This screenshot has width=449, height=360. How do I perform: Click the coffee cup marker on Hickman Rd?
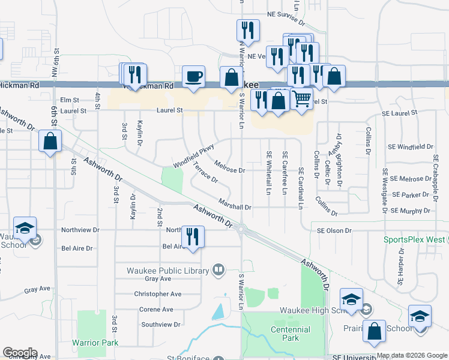(x=193, y=77)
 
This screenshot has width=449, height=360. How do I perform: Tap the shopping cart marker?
(x=302, y=98)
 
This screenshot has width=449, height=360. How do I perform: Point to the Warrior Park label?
(x=95, y=343)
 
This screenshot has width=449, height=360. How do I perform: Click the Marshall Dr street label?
(x=234, y=206)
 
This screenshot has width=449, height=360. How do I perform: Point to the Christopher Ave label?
(x=158, y=294)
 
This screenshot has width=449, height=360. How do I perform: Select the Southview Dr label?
(x=160, y=325)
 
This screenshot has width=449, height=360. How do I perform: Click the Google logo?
(x=20, y=353)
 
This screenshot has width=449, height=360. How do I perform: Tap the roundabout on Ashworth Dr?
(x=241, y=229)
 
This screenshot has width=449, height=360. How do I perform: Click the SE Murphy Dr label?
(x=411, y=211)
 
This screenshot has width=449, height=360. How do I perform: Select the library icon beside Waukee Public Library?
(x=218, y=270)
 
